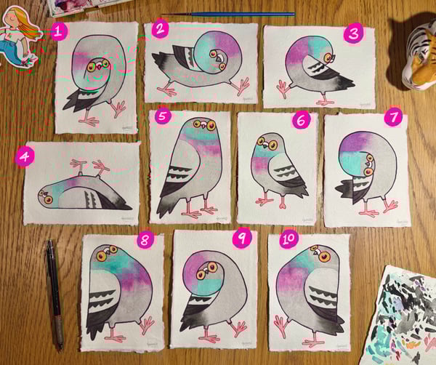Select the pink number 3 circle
coord(354,33)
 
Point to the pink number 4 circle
coord(24,156)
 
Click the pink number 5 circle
coord(162,116)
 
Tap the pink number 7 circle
coord(393,116)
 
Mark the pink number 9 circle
coord(240,237)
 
